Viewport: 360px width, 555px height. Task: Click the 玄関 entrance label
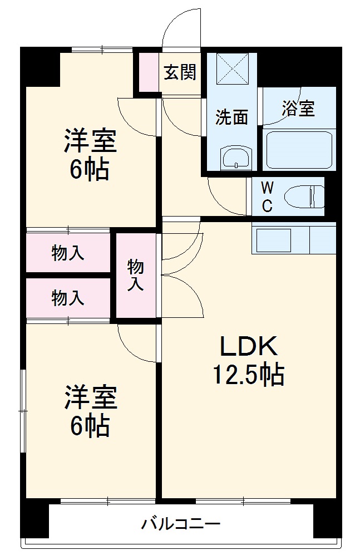180,72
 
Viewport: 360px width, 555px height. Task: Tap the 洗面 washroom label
231,117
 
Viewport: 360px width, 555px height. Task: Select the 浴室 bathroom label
298,109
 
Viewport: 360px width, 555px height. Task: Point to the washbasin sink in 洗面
237,158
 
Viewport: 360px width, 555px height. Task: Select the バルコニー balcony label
181,524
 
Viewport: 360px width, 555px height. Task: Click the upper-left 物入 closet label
68,253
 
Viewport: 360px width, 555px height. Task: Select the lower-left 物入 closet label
68,298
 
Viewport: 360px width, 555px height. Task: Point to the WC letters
267,196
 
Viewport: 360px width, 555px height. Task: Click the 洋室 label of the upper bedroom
90,141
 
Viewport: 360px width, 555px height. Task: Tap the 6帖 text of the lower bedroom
90,426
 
